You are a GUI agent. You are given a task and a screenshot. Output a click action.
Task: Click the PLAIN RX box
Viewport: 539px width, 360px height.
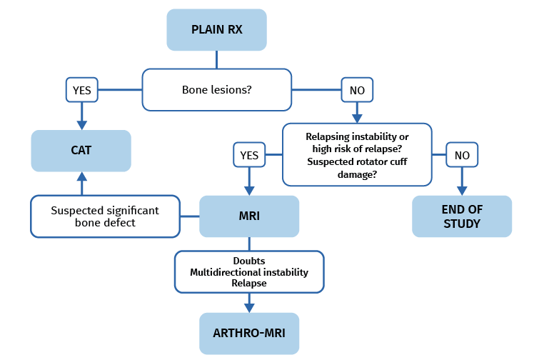click(x=218, y=30)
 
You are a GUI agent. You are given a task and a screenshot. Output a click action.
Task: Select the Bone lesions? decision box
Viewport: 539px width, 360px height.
click(x=217, y=90)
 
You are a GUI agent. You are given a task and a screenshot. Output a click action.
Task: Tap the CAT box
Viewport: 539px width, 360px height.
click(x=81, y=151)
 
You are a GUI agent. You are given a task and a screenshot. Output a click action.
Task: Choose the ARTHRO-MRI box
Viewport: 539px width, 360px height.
click(x=249, y=334)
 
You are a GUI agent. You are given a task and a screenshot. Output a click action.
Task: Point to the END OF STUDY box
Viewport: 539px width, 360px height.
click(x=462, y=216)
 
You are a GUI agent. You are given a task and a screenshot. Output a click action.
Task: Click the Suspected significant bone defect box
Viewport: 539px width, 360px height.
click(x=104, y=217)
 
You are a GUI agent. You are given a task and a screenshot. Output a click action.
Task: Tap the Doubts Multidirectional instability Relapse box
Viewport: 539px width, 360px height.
click(x=249, y=271)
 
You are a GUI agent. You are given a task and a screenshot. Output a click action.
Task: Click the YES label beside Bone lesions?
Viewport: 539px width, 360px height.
click(x=81, y=91)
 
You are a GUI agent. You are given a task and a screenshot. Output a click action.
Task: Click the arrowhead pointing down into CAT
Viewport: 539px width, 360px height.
click(x=81, y=124)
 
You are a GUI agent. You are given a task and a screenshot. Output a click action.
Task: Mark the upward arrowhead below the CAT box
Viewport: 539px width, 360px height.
click(x=81, y=177)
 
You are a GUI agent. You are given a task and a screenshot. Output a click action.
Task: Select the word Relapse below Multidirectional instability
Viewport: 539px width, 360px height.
click(x=249, y=283)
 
